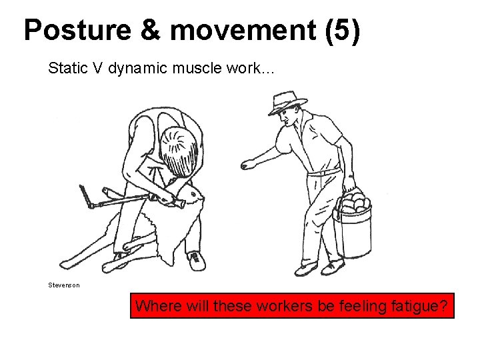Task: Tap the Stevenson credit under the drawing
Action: pyautogui.click(x=63, y=285)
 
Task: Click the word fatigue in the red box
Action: pyautogui.click(x=419, y=307)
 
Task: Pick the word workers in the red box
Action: pyautogui.click(x=282, y=307)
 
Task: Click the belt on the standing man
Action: pyautogui.click(x=324, y=173)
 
